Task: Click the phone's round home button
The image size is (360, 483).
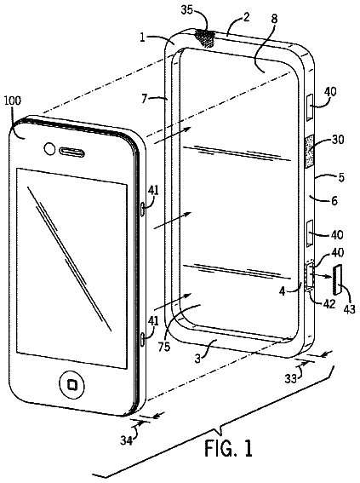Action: pos(72,384)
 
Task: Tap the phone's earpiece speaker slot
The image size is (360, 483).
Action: pos(71,152)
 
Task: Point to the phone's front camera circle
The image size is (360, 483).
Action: pos(49,148)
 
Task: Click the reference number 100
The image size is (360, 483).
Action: pos(12,101)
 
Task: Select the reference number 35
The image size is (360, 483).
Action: pos(187,10)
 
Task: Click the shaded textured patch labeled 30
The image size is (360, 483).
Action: pos(310,152)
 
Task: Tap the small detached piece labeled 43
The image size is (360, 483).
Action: pos(338,279)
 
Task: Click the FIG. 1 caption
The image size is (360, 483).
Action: pos(229,447)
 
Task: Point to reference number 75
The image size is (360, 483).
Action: pos(164,347)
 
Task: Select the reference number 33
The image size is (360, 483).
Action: pos(291,378)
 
